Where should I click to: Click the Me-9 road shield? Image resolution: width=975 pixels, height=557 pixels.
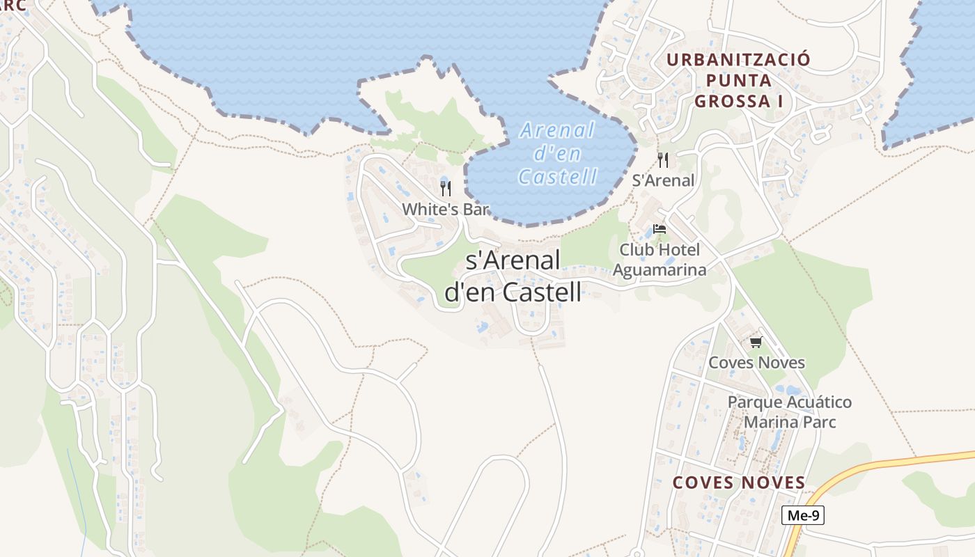[803, 515]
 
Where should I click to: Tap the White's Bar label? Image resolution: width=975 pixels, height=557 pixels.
[446, 209]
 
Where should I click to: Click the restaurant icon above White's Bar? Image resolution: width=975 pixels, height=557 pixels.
[446, 188]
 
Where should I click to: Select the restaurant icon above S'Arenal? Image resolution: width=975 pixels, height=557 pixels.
[663, 160]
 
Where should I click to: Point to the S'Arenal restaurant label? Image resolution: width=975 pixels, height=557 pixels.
[663, 180]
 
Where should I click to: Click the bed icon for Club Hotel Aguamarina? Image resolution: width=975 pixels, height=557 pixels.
[660, 229]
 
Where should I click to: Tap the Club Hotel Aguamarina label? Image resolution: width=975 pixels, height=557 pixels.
[660, 260]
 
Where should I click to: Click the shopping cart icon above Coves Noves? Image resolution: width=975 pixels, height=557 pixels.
[756, 343]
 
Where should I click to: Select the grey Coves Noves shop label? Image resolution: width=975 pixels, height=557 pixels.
[756, 363]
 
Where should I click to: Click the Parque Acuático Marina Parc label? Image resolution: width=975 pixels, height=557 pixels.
[790, 412]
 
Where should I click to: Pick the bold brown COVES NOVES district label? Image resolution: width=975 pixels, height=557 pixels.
[739, 483]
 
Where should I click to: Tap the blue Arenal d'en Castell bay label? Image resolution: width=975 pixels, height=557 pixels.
[558, 153]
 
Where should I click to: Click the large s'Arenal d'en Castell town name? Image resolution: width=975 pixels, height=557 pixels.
[513, 276]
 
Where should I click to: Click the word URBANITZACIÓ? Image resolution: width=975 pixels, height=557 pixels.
[739, 59]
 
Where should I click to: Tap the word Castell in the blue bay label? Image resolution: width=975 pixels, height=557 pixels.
[558, 177]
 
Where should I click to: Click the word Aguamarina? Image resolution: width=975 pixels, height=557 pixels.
[660, 269]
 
